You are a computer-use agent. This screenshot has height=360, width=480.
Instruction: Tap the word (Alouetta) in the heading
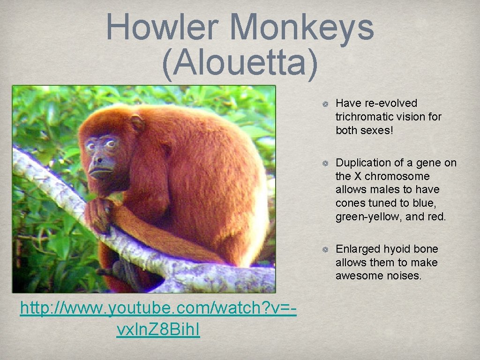point(240,63)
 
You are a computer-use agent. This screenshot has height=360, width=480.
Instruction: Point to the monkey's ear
point(137,123)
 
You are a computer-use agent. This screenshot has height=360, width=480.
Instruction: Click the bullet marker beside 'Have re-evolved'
point(323,104)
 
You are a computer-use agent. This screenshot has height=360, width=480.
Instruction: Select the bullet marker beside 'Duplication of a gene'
point(323,163)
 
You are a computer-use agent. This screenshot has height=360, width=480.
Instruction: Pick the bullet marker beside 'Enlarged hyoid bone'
point(323,250)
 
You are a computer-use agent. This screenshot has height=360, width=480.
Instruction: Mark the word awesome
point(359,276)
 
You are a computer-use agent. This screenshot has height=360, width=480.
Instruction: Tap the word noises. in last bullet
point(404,276)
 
